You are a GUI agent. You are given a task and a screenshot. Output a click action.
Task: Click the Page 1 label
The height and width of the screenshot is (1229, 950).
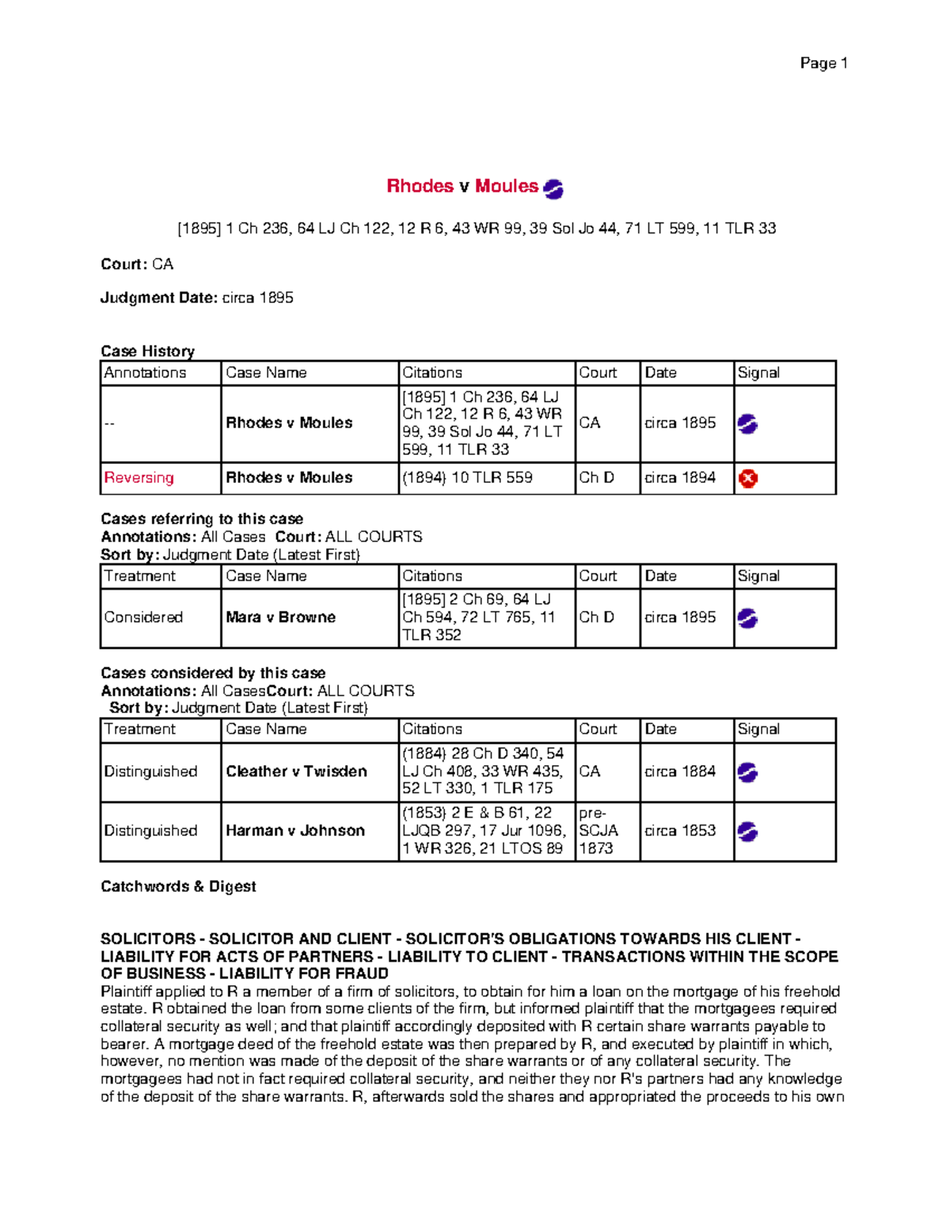[823, 63]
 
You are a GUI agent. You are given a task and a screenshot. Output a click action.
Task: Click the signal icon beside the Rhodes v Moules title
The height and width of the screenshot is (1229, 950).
[553, 188]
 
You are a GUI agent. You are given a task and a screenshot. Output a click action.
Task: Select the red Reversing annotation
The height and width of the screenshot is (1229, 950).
[139, 478]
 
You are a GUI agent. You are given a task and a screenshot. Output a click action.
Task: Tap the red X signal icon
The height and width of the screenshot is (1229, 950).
[747, 479]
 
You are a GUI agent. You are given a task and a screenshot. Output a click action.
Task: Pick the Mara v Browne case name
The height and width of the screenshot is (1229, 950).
[280, 617]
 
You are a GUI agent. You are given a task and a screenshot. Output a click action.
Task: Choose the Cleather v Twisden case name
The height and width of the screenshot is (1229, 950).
[296, 772]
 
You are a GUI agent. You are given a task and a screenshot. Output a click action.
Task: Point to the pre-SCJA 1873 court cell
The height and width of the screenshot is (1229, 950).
[598, 831]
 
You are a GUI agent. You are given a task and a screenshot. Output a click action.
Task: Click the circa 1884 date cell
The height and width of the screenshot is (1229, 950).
[680, 772]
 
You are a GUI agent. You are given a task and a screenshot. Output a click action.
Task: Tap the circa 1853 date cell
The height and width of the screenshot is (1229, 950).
[680, 831]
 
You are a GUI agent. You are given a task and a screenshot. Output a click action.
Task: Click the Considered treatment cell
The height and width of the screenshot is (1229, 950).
[143, 617]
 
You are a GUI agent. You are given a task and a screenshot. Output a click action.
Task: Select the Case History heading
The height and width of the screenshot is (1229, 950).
[147, 351]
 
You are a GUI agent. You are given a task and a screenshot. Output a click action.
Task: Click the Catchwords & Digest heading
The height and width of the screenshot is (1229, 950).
[178, 886]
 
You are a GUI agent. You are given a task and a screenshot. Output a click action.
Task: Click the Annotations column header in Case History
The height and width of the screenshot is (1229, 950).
[146, 373]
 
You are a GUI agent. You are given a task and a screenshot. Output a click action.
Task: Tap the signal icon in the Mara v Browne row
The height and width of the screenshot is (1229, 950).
[747, 618]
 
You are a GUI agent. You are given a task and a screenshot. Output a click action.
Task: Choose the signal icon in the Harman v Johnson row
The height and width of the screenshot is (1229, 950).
[747, 832]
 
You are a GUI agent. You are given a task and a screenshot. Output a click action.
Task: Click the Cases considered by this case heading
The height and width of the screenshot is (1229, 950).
[213, 673]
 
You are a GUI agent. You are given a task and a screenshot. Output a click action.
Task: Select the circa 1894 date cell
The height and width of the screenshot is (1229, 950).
[680, 478]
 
